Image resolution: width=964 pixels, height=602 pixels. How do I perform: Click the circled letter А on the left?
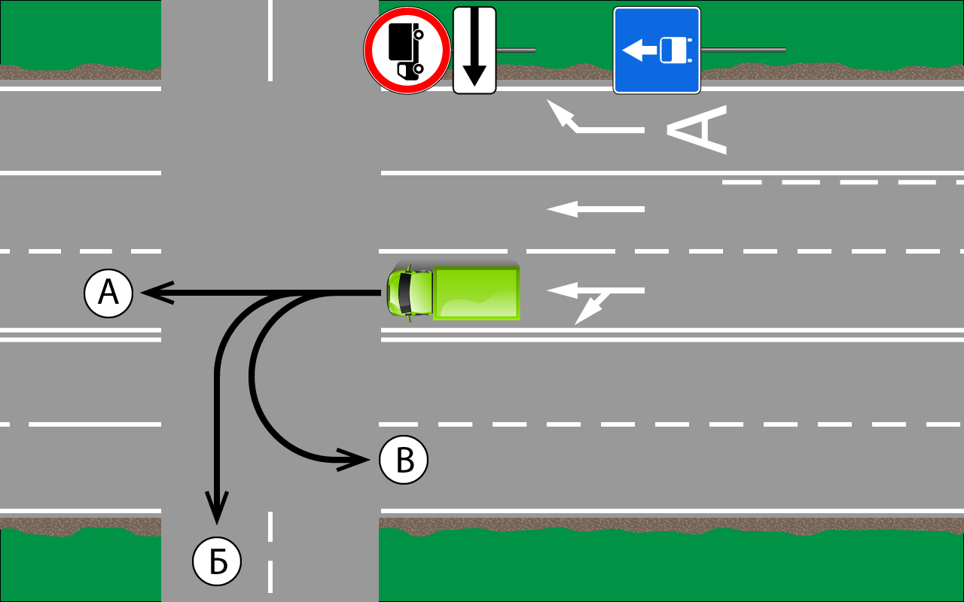(108, 293)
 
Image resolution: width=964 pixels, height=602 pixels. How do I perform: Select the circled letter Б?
(217, 561)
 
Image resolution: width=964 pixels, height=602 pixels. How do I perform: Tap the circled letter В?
(404, 459)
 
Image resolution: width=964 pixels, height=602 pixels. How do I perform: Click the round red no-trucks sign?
(407, 50)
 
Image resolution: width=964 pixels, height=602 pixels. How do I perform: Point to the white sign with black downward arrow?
(474, 50)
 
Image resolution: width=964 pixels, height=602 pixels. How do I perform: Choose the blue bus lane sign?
(657, 50)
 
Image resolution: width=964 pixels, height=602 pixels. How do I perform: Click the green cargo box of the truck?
(476, 292)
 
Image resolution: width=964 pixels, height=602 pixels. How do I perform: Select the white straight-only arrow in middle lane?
(596, 209)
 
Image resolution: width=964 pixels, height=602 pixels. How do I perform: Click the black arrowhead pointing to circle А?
(157, 293)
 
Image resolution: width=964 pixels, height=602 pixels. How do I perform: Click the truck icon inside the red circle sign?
(406, 51)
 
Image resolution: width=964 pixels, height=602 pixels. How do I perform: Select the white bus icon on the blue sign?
(673, 50)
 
